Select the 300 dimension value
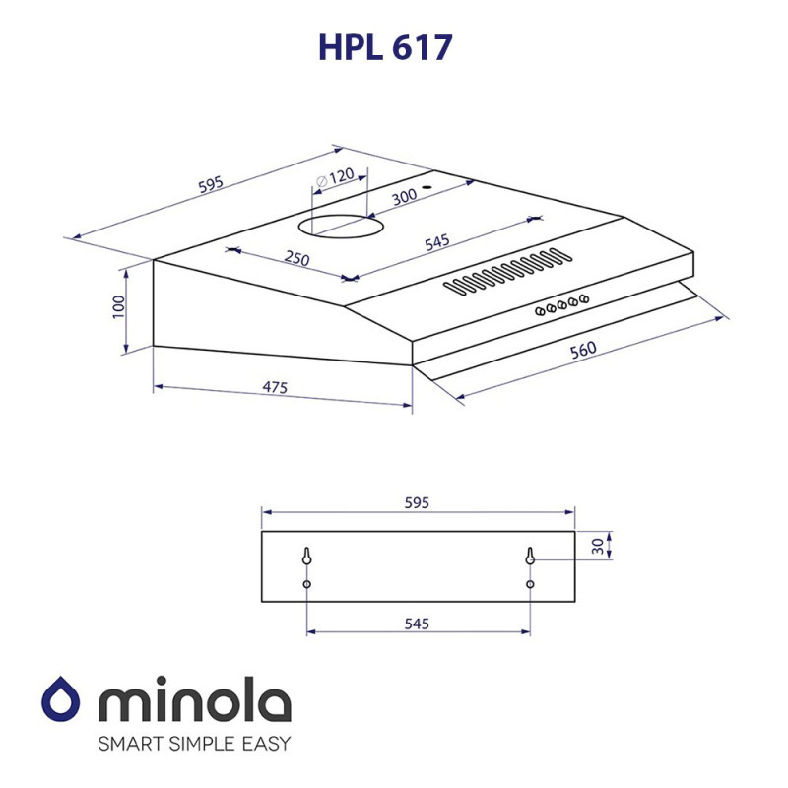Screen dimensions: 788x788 (x=404, y=196)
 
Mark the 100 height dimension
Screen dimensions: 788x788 (x=119, y=306)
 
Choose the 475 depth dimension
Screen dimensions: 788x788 (x=275, y=388)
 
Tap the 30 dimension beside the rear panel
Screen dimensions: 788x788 (x=597, y=547)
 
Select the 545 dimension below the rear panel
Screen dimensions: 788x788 (x=416, y=624)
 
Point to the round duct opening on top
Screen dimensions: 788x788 (x=341, y=226)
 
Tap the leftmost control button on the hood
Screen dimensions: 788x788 (x=540, y=311)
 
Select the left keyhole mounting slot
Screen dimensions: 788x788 (x=307, y=557)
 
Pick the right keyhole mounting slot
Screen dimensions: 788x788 (x=530, y=557)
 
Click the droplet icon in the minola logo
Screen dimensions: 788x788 (x=65, y=700)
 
